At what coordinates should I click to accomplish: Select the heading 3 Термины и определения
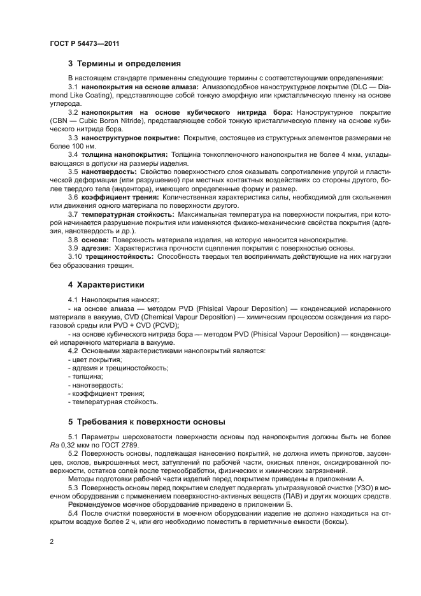[x=124, y=64]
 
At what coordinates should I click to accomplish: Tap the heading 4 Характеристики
[x=106, y=284]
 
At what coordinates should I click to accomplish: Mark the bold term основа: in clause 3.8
[x=95, y=240]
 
